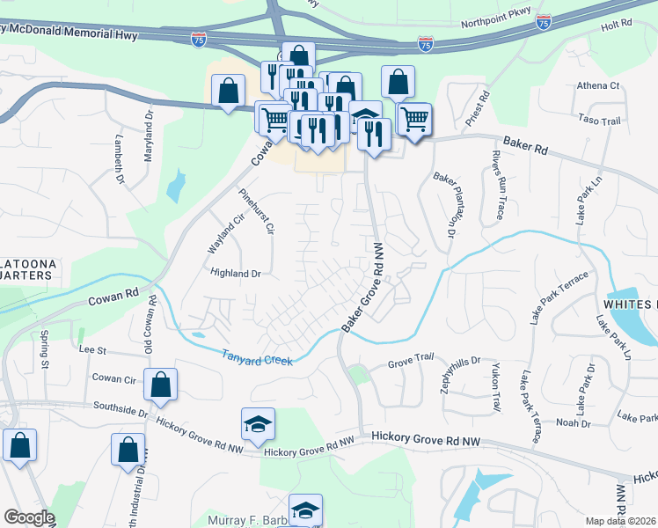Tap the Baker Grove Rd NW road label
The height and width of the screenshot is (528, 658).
(363, 287)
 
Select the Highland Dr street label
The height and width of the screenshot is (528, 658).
(236, 274)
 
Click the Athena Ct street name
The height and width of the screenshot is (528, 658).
(598, 86)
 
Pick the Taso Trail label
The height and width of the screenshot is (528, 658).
(600, 119)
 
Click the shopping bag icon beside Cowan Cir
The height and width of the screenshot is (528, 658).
(161, 385)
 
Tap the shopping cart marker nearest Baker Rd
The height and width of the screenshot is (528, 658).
(413, 119)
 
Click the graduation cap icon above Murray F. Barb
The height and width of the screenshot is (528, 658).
(305, 510)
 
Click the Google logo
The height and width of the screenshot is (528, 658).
(29, 517)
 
